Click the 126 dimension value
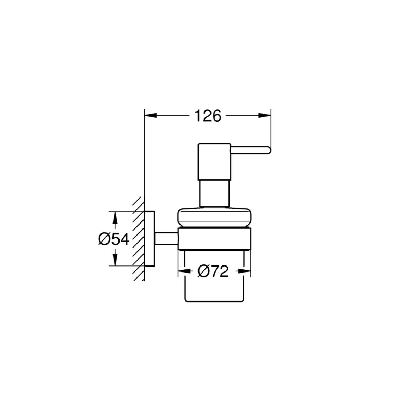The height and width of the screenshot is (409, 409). pyautogui.click(x=208, y=115)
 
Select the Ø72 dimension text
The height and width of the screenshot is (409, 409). pyautogui.click(x=213, y=271)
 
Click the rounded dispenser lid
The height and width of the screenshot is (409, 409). pyautogui.click(x=214, y=218)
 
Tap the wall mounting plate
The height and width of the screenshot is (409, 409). pyautogui.click(x=149, y=239)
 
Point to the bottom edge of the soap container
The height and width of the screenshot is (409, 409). pyautogui.click(x=214, y=301)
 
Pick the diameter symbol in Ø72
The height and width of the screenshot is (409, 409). pyautogui.click(x=204, y=271)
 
